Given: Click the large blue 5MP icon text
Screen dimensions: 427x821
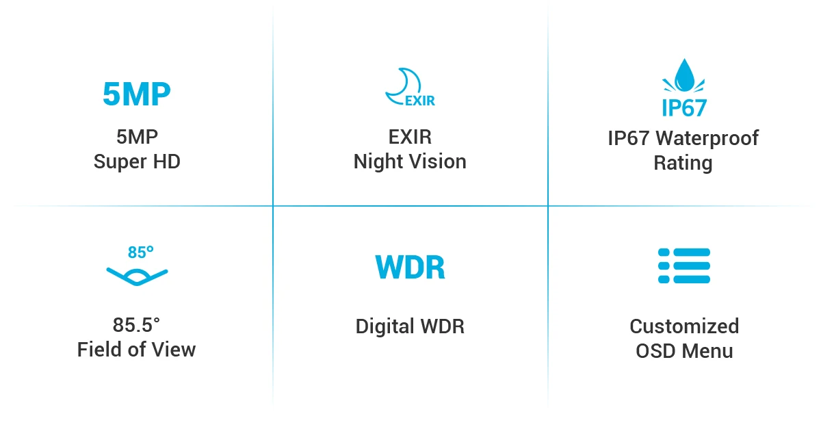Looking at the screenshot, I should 136,94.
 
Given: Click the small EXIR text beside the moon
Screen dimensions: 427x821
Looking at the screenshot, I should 420,101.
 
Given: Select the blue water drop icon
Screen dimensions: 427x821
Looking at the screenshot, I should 683,76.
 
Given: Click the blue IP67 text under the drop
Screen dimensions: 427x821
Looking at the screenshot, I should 683,107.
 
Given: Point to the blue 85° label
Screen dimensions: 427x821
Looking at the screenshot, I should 140,253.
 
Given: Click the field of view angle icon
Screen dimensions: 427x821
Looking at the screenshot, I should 137,276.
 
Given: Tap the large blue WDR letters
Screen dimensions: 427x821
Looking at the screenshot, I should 410,268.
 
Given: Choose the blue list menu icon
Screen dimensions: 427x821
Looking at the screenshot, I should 683,266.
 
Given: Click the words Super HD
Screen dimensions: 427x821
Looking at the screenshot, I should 137,162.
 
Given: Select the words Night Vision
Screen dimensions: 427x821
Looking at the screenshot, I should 410,162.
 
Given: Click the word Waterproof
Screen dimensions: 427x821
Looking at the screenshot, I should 707,138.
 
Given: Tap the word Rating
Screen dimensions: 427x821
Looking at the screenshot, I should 683,164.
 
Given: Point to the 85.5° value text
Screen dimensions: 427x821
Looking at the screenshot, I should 136,325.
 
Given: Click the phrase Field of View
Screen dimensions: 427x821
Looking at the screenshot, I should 137,350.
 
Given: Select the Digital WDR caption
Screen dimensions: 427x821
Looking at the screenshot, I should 410,326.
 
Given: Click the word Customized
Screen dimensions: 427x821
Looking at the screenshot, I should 684,326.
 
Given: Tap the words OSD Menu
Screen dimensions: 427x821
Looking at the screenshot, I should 684,351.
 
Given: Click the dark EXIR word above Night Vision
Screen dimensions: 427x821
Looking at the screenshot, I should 410,138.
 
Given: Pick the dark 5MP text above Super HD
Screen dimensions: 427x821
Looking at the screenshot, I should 137,138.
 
